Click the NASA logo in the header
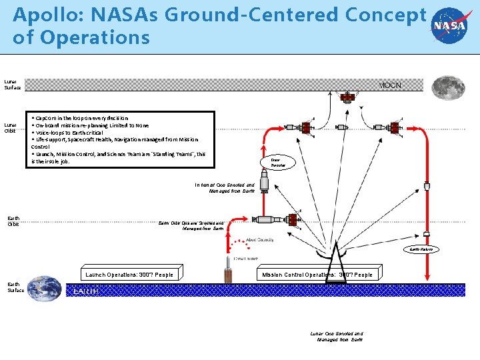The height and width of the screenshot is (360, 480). click(449, 26)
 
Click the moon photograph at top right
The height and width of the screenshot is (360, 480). click(448, 87)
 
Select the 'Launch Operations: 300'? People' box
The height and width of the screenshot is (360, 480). click(129, 275)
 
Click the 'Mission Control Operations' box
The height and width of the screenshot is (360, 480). click(317, 275)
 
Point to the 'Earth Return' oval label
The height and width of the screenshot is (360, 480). click(421, 249)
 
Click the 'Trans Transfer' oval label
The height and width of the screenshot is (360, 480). click(278, 162)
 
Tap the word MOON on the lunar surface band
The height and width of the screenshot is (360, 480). click(391, 85)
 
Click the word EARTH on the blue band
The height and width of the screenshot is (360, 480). click(87, 291)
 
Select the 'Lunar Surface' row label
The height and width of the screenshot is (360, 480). click(12, 85)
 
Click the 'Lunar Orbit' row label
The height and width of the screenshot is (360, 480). click(11, 127)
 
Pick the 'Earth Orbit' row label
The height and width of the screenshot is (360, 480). click(13, 221)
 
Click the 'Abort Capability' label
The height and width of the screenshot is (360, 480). click(260, 240)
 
